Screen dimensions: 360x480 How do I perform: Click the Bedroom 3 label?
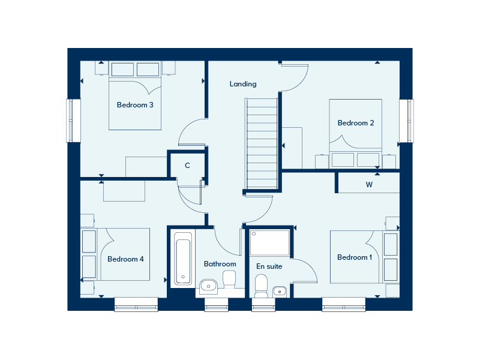coord(135,105)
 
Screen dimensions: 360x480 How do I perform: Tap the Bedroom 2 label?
coord(356,123)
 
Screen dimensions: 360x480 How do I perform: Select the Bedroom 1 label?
coord(355,257)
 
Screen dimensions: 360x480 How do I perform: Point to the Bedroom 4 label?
coord(125,259)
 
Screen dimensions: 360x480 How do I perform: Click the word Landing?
coord(243,84)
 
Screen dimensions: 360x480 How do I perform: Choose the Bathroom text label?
coord(220,263)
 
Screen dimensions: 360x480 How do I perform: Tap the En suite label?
coord(269,266)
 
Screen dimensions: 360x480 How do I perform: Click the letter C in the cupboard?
coord(187,166)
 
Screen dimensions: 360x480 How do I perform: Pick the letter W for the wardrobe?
coord(369,185)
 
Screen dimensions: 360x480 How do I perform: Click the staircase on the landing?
coord(262,144)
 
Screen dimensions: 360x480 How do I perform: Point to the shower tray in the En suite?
coord(270,242)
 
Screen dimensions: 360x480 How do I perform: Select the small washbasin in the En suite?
coord(280,292)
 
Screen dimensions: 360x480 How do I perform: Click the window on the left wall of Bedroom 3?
coord(73,121)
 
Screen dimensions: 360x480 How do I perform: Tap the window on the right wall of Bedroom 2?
coord(406,121)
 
